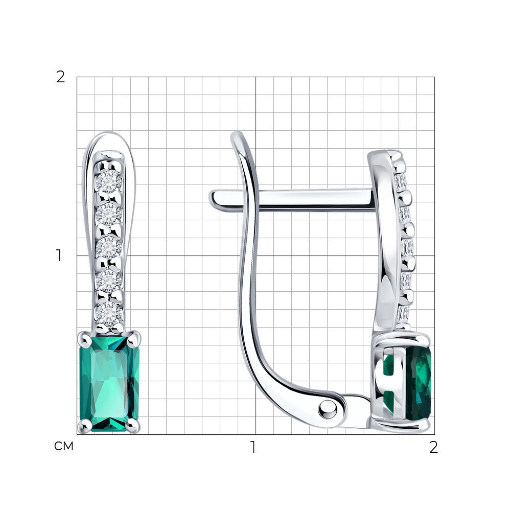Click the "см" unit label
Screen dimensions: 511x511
coord(63,446)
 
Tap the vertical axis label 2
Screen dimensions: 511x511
coord(60,77)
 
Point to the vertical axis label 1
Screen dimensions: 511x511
coord(59,255)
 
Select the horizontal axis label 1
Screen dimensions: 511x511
coord(253,447)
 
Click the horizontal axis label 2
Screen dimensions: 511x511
coord(433,447)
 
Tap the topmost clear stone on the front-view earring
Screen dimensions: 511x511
coord(108,181)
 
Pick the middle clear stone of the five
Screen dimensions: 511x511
coord(108,247)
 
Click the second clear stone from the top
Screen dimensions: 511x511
coord(108,214)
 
